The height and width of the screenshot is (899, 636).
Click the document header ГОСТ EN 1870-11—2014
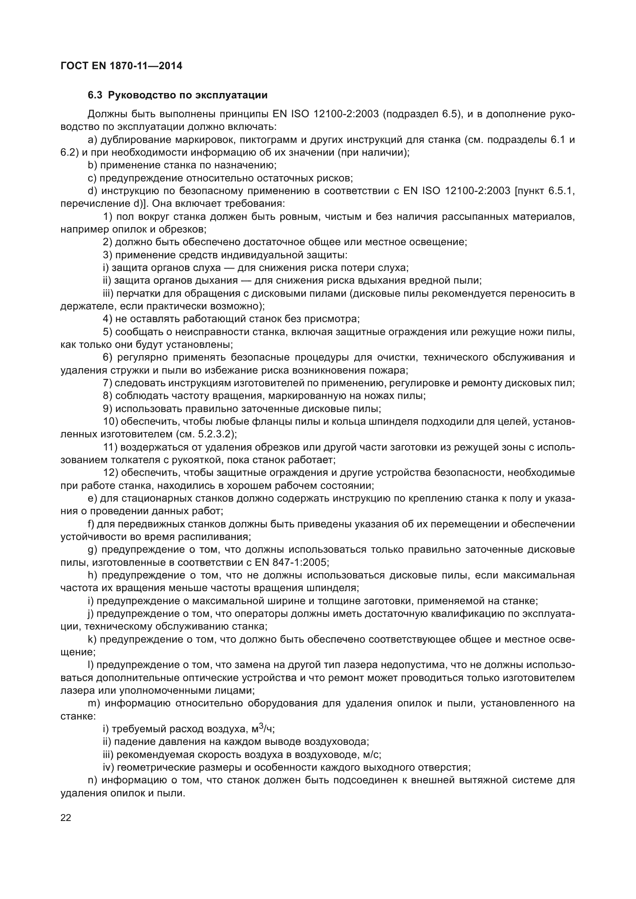[122, 66]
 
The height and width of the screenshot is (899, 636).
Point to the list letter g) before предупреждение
[92, 550]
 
